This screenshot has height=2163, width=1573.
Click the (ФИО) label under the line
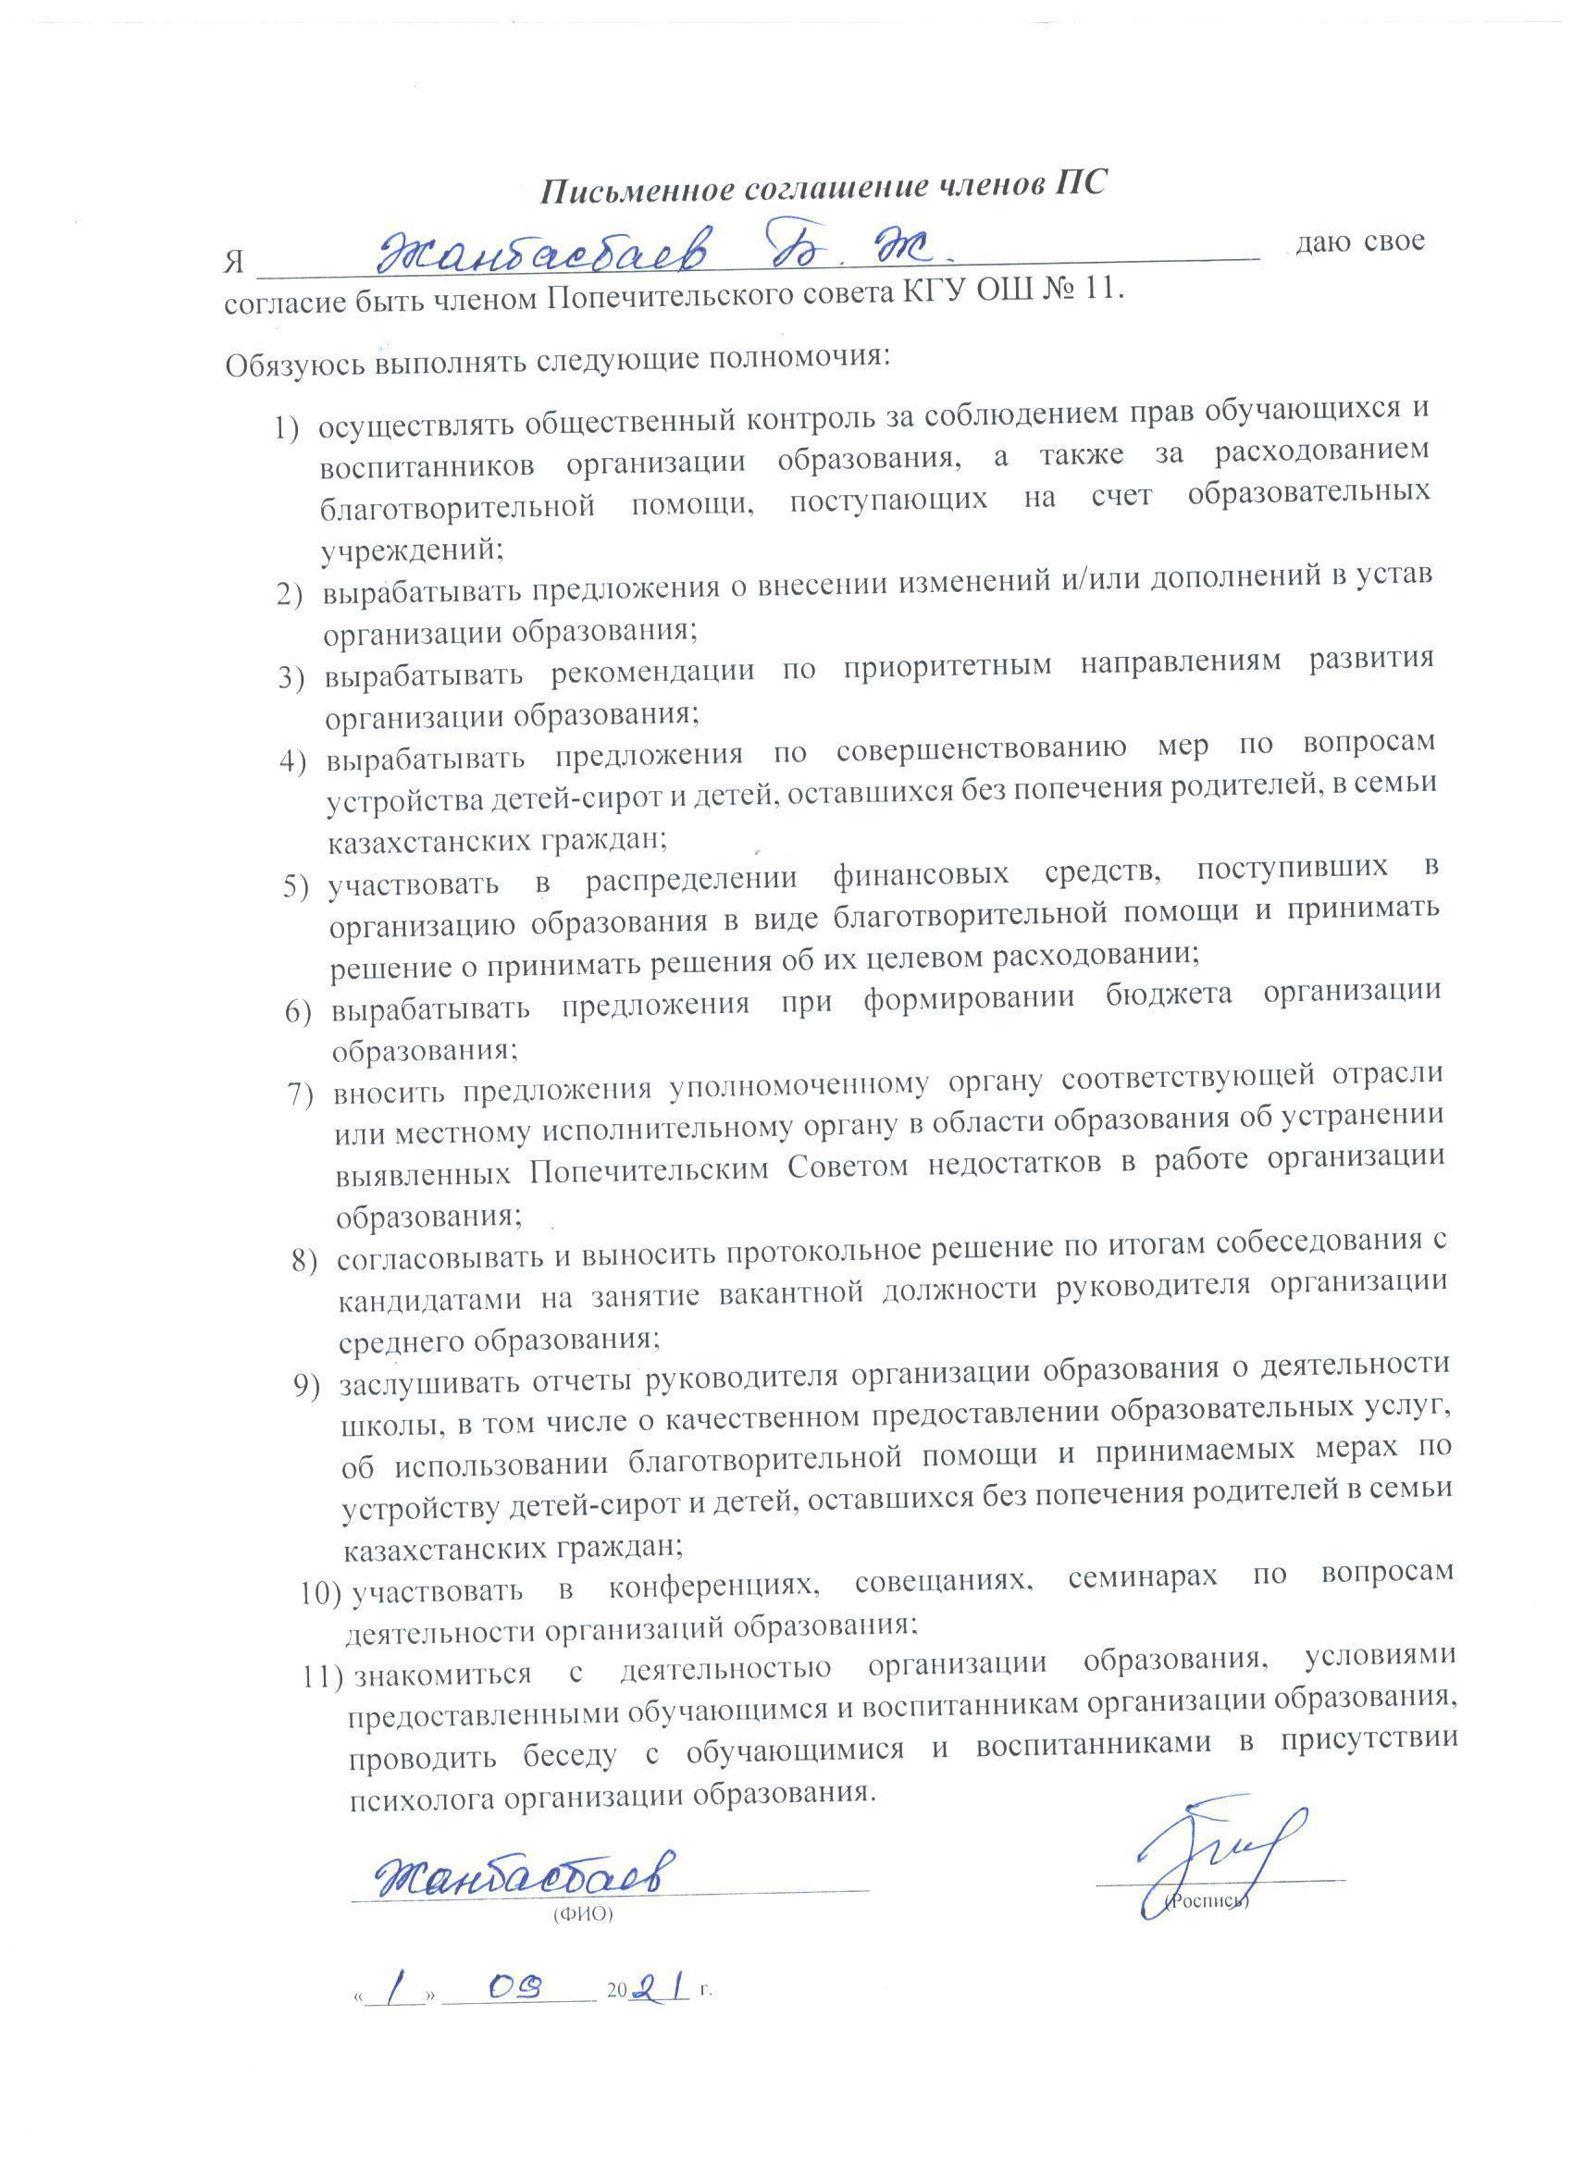pos(583,1914)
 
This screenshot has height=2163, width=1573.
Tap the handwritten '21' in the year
pos(659,1987)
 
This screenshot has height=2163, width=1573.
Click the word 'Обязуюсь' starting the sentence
pos(297,365)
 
